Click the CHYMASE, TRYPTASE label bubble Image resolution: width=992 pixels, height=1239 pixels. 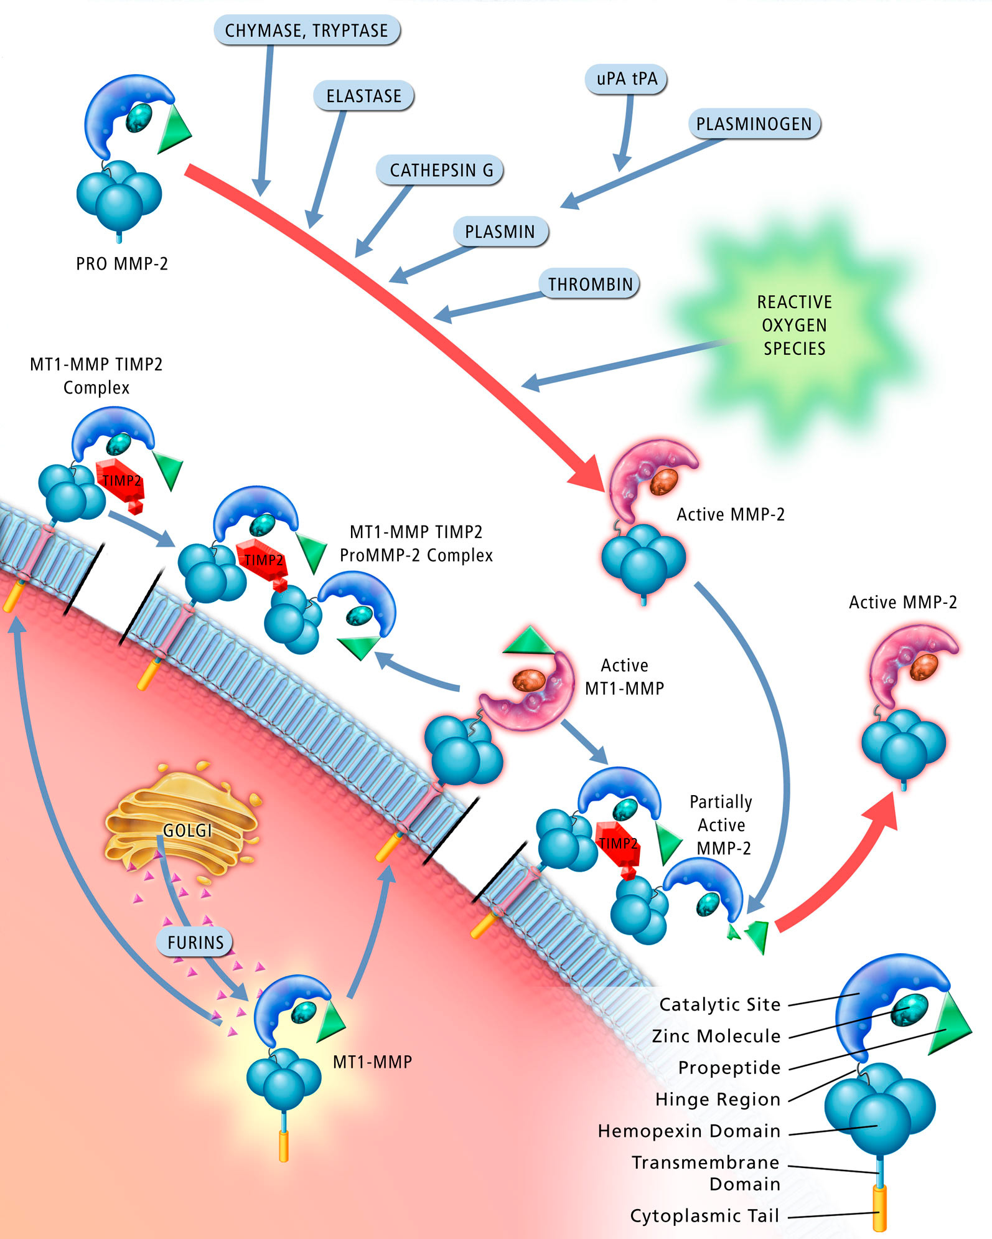pos(306,31)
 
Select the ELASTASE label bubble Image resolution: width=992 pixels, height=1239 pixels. pos(364,96)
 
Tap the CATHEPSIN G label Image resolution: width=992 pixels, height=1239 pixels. pos(441,170)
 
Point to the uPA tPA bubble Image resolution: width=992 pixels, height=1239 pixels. pos(627,79)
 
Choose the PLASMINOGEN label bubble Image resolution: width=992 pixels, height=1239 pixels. pos(754,124)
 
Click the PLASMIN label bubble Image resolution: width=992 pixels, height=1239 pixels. pos(500,232)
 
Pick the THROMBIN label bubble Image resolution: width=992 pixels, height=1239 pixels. pos(589,284)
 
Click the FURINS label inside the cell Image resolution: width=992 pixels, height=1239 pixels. pos(195,942)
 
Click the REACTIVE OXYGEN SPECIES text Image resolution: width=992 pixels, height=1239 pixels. pos(794,325)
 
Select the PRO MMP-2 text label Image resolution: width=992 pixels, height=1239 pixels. pos(122,264)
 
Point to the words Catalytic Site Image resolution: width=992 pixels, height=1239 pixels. pos(719,1004)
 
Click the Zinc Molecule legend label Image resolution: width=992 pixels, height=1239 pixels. pos(716,1036)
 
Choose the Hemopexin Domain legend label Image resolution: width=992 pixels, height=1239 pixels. pos(689,1131)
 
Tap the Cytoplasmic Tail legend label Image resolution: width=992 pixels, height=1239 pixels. pos(704,1215)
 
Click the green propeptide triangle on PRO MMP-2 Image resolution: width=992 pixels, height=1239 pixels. pos(172,129)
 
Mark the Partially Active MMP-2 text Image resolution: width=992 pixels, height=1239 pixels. pos(722,825)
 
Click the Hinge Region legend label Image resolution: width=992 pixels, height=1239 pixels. pos(718,1099)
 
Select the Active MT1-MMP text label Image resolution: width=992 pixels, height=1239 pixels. pos(624,677)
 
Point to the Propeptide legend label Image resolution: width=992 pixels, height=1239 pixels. pos(729,1067)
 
